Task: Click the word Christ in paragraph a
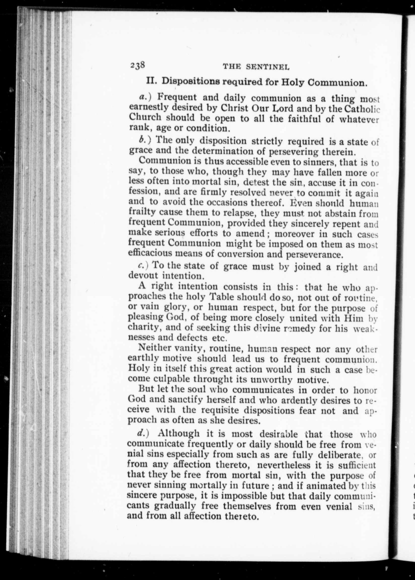click(234, 108)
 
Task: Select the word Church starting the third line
click(145, 117)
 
